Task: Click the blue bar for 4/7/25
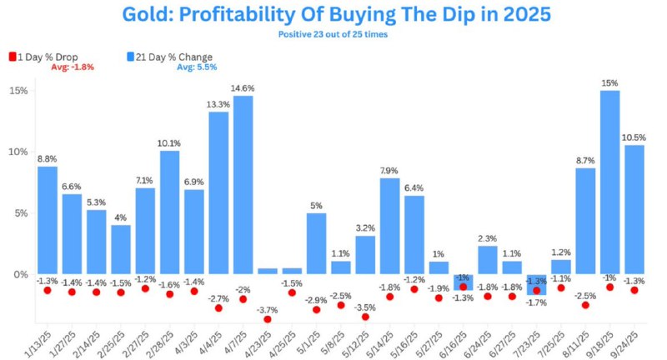click(x=243, y=185)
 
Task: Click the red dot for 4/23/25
click(x=268, y=319)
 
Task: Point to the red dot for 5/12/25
click(x=365, y=317)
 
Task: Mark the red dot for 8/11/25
click(x=585, y=305)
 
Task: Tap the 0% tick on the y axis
click(x=19, y=274)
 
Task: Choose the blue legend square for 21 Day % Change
click(x=131, y=57)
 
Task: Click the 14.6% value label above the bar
click(x=243, y=87)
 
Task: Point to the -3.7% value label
click(x=267, y=309)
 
